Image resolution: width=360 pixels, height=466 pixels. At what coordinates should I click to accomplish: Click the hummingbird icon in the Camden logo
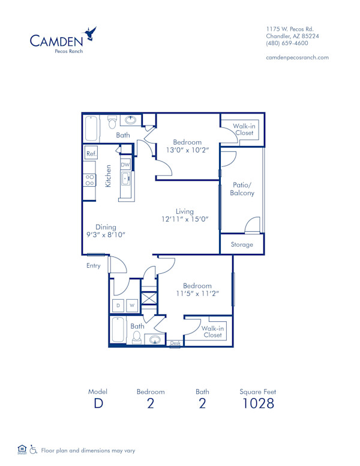point(91,32)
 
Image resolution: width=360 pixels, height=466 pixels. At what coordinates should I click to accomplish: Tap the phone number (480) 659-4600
point(287,43)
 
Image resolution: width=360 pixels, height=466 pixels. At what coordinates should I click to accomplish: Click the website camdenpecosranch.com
point(297,57)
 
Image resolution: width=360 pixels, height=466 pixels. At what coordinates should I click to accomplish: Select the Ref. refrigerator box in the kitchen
point(91,154)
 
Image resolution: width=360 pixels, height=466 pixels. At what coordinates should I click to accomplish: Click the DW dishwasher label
point(125,165)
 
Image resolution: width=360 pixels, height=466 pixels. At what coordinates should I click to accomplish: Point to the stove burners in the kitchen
point(89,180)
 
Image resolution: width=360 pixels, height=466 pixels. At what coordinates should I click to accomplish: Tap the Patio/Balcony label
point(242,189)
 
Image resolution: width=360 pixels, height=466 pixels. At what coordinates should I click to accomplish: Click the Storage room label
point(242,244)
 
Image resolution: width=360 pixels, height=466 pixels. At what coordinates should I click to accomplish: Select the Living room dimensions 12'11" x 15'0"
point(184,220)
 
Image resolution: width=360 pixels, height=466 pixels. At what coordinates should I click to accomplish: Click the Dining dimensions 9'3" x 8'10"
point(106,235)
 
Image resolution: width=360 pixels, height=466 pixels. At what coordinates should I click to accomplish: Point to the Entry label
point(93,265)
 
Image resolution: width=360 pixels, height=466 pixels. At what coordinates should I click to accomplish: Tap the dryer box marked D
point(118,306)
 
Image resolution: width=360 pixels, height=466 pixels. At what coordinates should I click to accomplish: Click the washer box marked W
point(132,306)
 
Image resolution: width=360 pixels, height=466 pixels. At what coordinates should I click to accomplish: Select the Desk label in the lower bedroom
point(175,343)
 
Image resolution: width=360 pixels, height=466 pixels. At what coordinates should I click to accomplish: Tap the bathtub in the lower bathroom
point(118,330)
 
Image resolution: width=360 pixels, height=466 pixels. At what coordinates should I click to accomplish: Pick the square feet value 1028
point(257,403)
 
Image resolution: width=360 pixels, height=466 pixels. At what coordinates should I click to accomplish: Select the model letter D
point(98,403)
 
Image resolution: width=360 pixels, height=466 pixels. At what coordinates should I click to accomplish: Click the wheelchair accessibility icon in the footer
point(34,450)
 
